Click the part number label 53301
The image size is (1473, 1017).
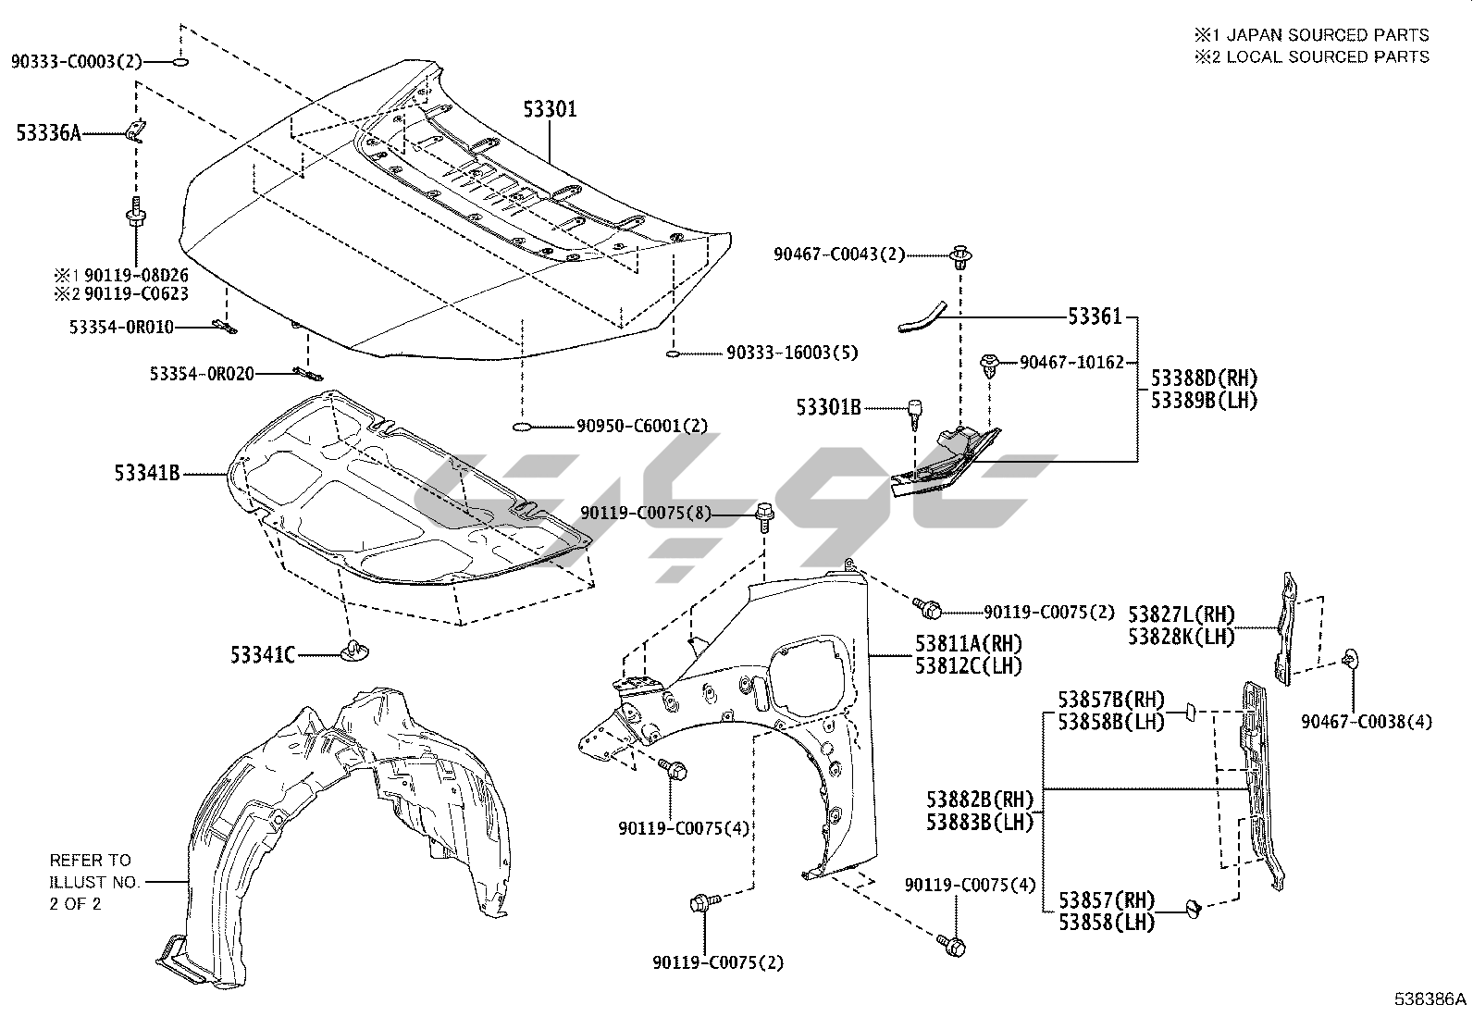click(550, 110)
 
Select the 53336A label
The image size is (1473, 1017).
click(48, 134)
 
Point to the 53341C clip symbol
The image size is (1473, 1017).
click(353, 651)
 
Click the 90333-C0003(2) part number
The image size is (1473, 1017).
click(77, 62)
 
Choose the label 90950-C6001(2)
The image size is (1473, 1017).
click(642, 426)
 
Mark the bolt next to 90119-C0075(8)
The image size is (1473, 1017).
click(764, 514)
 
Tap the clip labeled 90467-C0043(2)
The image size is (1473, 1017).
click(962, 254)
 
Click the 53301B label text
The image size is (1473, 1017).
click(829, 406)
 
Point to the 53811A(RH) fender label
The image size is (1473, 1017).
click(969, 644)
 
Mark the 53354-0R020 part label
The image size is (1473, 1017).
click(202, 374)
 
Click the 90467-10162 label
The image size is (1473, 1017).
click(1071, 363)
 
